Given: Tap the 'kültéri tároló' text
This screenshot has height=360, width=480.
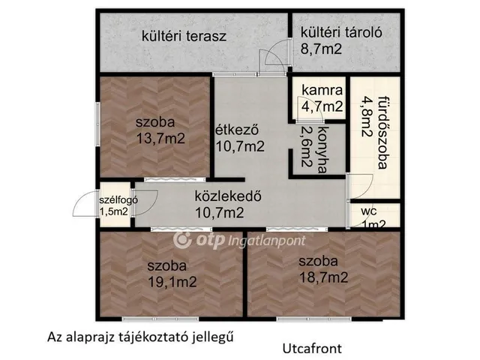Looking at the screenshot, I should [x=342, y=32].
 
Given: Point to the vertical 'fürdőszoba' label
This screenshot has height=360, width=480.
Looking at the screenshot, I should [x=383, y=131].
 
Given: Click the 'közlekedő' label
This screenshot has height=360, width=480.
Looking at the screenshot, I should [x=227, y=197].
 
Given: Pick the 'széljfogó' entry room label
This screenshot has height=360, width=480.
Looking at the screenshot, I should [x=113, y=199].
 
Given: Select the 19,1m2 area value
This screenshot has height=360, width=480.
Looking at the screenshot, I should [x=173, y=282].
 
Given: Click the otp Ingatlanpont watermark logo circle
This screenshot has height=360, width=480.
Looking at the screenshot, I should [x=181, y=240].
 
